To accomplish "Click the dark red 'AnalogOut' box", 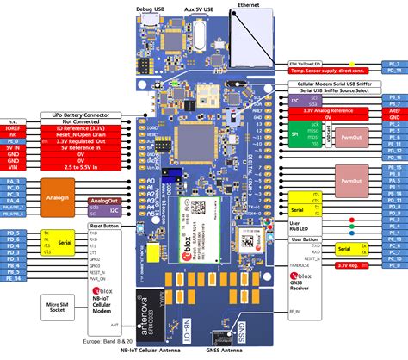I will click(103, 200).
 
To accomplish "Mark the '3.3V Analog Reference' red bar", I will click(330, 111).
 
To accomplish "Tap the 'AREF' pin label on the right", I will click(393, 111).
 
